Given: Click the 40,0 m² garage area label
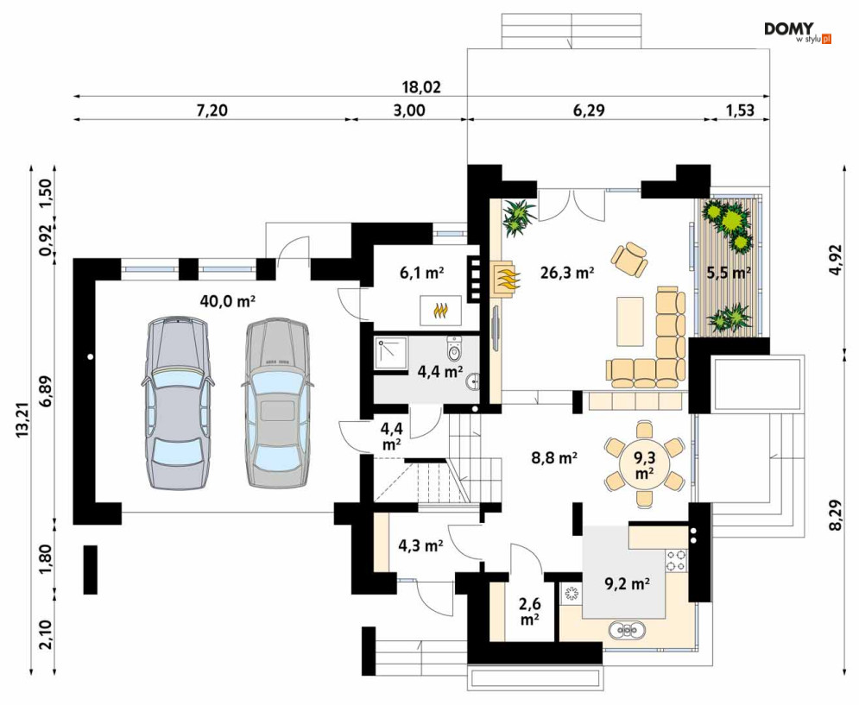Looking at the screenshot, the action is [x=228, y=301].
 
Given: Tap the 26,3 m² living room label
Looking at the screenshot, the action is [x=567, y=273].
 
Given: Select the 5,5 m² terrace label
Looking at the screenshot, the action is [x=728, y=273].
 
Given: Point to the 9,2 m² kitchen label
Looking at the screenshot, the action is [x=627, y=584].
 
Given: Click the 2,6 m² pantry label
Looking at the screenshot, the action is [x=529, y=611].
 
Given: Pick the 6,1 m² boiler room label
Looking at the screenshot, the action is [x=421, y=273].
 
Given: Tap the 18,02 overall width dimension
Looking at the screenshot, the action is [x=421, y=87].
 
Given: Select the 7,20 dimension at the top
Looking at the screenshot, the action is [x=212, y=110].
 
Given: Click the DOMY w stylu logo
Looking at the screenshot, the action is [x=798, y=33].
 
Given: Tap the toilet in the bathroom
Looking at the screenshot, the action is [x=455, y=349].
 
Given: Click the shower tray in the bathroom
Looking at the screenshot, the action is [x=391, y=353].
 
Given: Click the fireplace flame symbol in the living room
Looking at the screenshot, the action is [x=507, y=278].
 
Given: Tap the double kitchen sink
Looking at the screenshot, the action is [x=627, y=631].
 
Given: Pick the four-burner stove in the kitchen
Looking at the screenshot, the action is [x=676, y=560].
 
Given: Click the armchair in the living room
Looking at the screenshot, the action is [x=629, y=259].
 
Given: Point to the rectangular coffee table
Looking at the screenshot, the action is [x=629, y=321].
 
